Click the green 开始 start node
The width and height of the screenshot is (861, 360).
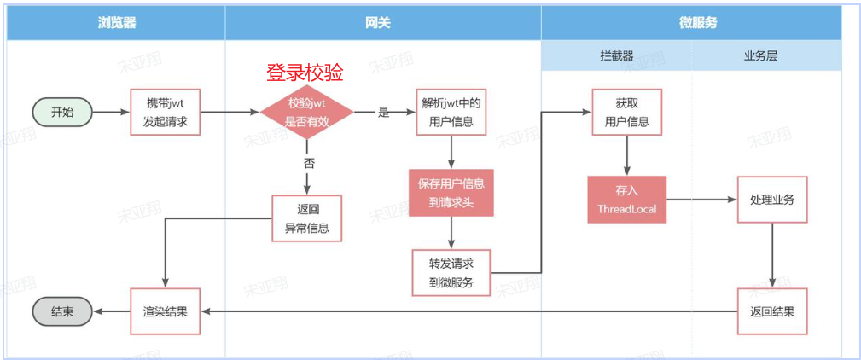(62, 112)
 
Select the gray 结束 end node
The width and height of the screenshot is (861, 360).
(62, 312)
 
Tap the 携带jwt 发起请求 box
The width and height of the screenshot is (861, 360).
(165, 112)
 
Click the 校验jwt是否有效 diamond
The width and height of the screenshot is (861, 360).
(305, 112)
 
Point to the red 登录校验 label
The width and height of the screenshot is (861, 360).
(305, 73)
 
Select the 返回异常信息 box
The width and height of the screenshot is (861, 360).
(306, 218)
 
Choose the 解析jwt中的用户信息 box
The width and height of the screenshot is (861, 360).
(451, 112)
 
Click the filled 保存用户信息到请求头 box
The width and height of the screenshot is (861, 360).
(451, 192)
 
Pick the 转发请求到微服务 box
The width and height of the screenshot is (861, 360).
(451, 272)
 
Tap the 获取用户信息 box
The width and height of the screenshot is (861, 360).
(627, 112)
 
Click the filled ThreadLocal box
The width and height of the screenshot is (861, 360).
(627, 200)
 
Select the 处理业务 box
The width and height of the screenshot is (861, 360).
(771, 200)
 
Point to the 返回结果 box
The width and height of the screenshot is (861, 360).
(771, 311)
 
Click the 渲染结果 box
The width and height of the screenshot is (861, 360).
(165, 311)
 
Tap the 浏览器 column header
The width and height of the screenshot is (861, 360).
(117, 23)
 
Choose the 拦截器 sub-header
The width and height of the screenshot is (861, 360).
(616, 56)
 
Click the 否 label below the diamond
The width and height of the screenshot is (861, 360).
(308, 163)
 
